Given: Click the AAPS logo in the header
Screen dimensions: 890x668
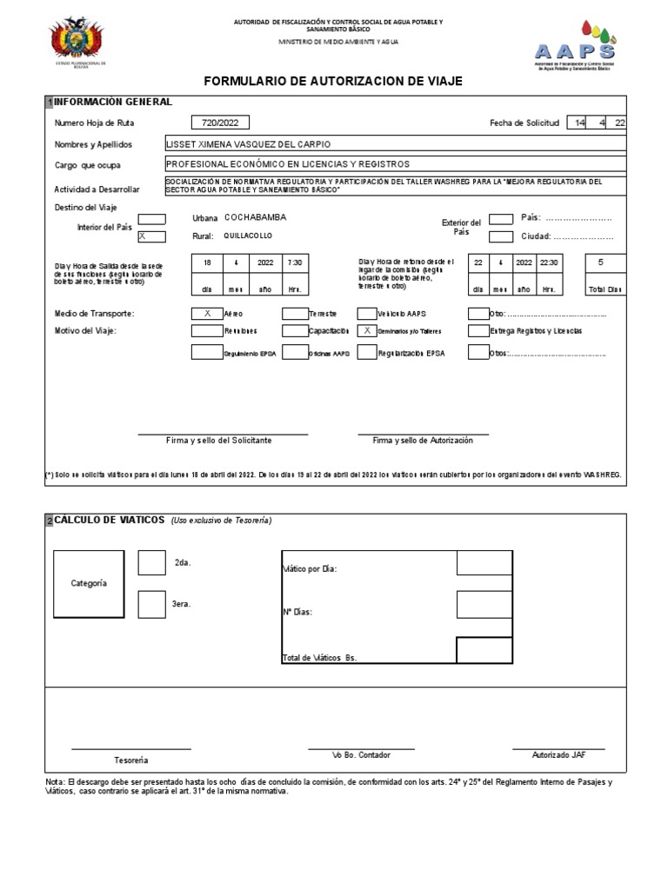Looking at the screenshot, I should point(574,43).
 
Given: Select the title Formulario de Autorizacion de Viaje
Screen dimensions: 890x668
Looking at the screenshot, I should point(333,81).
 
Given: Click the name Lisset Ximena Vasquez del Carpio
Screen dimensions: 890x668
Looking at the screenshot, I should point(248,144).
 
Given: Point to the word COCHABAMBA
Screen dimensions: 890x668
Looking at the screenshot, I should point(255,217).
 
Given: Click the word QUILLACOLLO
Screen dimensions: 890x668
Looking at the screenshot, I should point(248,236).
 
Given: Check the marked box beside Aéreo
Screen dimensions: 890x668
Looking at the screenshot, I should point(206,313).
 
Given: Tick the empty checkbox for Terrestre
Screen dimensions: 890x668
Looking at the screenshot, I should point(295,313).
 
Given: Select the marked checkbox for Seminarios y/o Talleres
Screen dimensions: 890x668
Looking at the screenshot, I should point(367,331).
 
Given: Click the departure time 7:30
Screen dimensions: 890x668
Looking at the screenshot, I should point(295,262).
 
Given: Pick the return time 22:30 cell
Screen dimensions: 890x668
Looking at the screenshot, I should point(550,262).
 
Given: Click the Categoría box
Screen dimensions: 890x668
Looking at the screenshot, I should point(89,583).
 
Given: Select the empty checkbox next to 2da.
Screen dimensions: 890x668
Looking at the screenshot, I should point(151,563).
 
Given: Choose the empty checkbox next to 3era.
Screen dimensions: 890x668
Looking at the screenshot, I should point(151,604).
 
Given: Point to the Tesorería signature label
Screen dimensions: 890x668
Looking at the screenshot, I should point(131,760).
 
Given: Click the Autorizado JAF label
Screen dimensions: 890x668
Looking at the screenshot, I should point(558,754).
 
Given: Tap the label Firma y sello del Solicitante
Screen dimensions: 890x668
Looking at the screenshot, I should point(219,441).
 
